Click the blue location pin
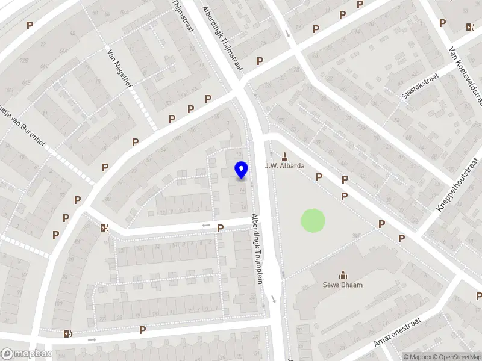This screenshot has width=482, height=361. pos(242,170)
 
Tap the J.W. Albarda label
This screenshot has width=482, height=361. pos(285,166)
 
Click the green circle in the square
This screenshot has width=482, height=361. pos(313,221)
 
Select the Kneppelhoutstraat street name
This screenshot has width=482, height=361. pos(460,185)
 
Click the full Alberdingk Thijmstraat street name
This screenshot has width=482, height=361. pos(222,38)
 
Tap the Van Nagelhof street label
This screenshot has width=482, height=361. pos(119,68)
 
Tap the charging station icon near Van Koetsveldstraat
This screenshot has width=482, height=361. pos(469,27)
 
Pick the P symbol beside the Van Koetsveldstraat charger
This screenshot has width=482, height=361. pos(443,23)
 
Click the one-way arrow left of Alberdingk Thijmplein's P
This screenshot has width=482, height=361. pos(205,226)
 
